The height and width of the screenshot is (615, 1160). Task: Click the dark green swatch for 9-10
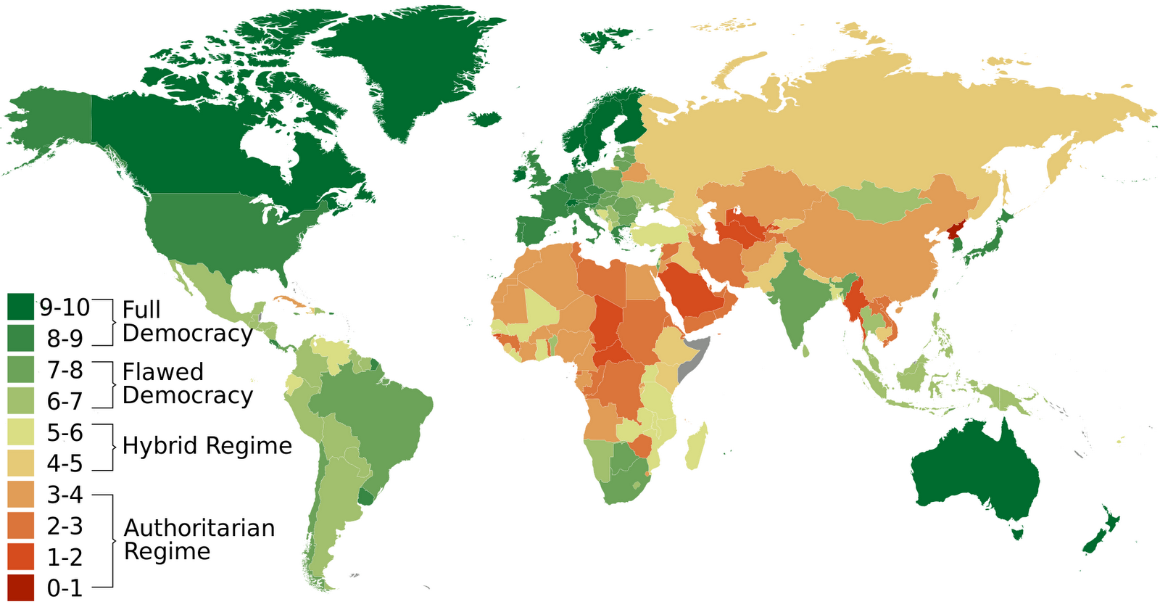pos(20,306)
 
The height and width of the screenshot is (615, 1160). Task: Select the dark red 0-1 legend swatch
pos(20,587)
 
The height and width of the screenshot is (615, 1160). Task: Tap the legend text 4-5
pos(65,463)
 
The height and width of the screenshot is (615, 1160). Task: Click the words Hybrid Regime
pos(207,445)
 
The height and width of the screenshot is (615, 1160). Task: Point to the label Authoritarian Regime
pos(199,539)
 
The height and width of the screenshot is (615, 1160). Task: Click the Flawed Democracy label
pos(186,384)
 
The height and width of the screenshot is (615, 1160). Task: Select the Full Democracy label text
pos(186,321)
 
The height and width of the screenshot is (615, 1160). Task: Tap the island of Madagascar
pos(697,446)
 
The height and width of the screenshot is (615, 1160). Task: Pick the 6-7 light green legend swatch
pos(20,400)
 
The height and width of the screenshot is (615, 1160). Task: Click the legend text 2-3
pos(65,525)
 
